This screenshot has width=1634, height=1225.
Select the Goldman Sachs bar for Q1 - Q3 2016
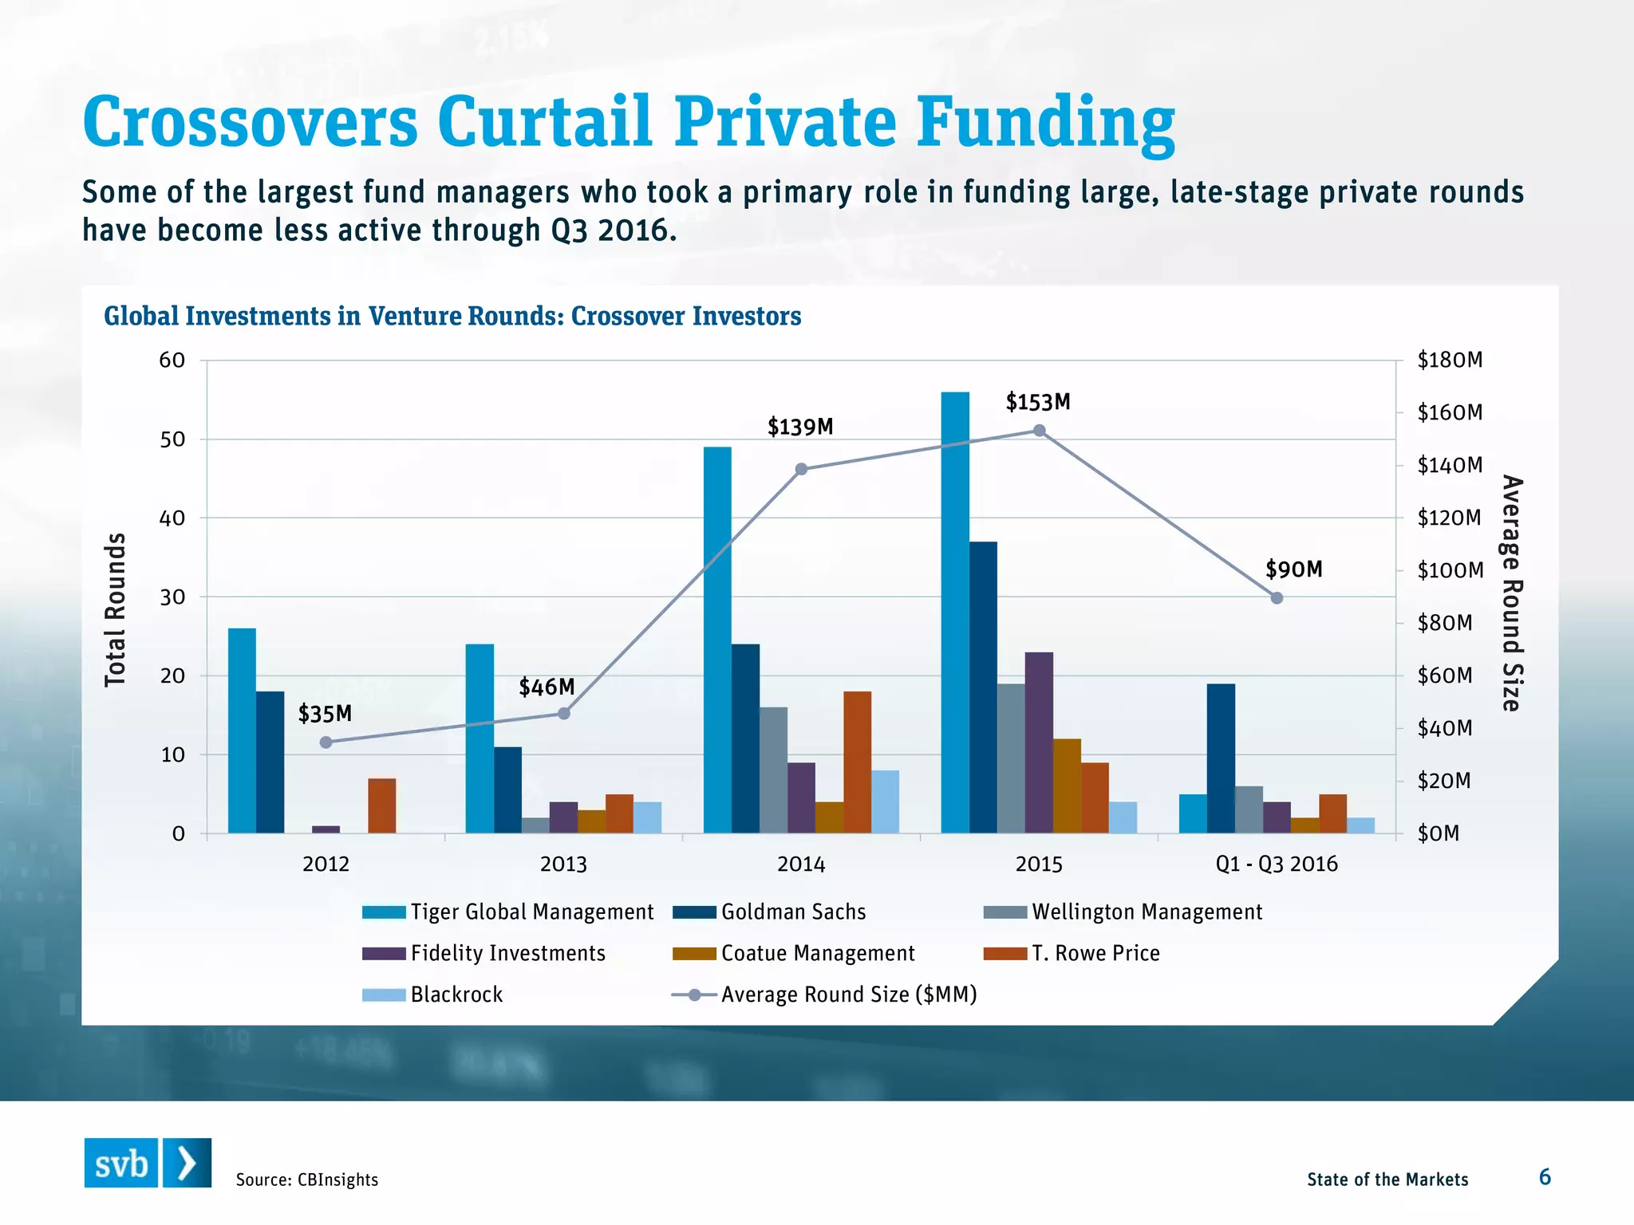tap(1221, 758)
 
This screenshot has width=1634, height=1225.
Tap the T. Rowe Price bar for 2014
tap(858, 762)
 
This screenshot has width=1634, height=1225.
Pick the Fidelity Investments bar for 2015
tap(1039, 742)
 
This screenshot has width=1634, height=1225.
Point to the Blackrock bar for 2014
tap(885, 802)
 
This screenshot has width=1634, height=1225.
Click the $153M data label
tap(1038, 402)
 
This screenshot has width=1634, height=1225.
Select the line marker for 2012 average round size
tap(326, 742)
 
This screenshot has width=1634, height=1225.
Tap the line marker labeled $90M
tap(1277, 598)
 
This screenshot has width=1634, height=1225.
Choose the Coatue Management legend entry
tap(795, 953)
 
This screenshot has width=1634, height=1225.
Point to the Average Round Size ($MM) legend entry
tap(825, 995)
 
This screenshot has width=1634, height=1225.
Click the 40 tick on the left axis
tap(172, 518)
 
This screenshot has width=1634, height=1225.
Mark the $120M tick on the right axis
tap(1449, 518)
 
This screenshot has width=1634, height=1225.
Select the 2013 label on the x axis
tap(563, 864)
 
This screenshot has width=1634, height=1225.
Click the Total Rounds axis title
tap(116, 610)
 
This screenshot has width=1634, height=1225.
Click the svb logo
tap(148, 1163)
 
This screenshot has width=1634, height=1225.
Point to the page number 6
tap(1545, 1177)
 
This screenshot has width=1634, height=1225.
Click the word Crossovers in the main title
tap(251, 121)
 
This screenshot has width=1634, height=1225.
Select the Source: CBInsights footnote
tap(307, 1180)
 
